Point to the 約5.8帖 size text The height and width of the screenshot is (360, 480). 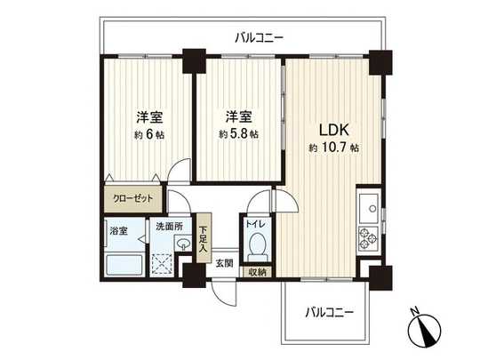coord(239,134)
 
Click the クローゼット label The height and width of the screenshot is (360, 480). coord(132,200)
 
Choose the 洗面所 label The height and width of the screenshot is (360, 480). coord(167,227)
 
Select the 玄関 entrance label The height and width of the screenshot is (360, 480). coord(222,262)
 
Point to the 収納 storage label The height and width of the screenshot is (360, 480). coord(258,273)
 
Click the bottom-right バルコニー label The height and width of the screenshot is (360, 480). coord(330,312)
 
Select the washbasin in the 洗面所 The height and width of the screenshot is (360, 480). coord(184,244)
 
